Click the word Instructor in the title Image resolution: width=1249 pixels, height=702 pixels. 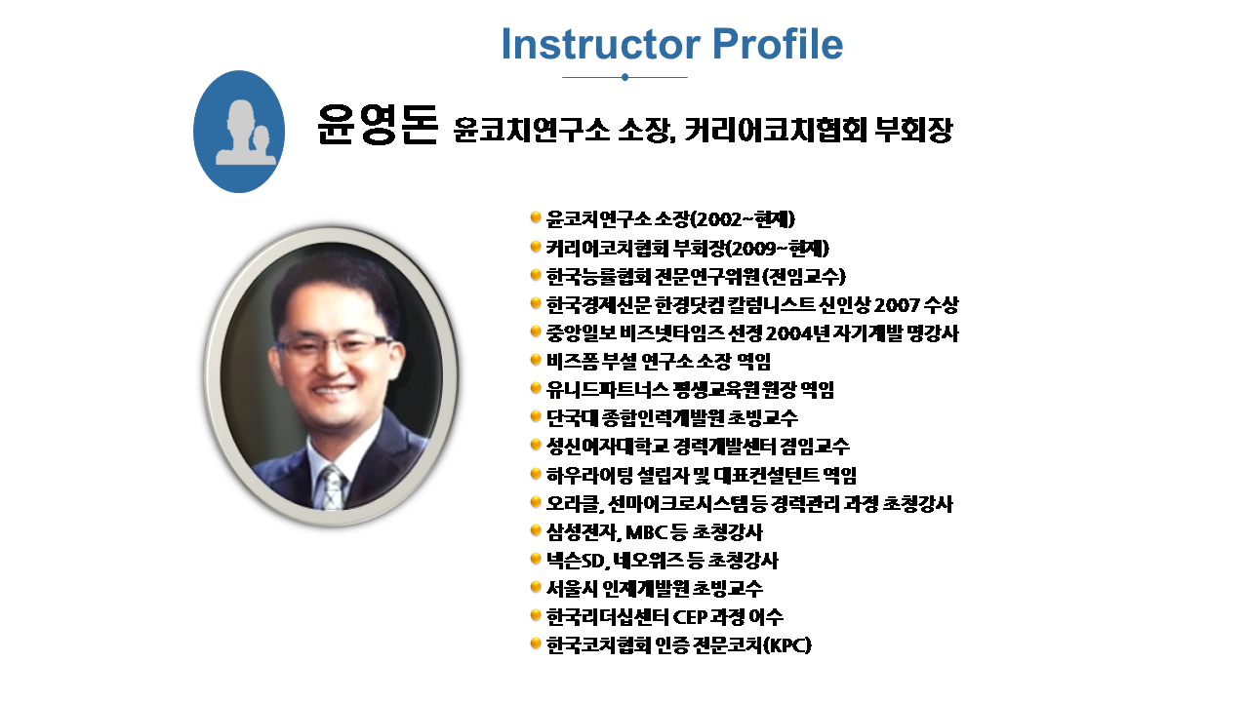(600, 44)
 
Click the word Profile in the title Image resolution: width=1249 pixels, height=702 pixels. (778, 44)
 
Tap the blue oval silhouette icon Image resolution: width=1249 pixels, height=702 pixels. (239, 132)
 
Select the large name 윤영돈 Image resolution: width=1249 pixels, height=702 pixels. (377, 125)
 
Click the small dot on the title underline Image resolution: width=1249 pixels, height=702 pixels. (624, 77)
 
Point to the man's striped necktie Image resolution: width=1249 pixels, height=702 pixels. (333, 488)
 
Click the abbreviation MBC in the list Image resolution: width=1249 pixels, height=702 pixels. (647, 532)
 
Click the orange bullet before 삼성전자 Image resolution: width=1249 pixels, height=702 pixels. (536, 529)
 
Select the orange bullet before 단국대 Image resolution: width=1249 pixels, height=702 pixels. (536, 415)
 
